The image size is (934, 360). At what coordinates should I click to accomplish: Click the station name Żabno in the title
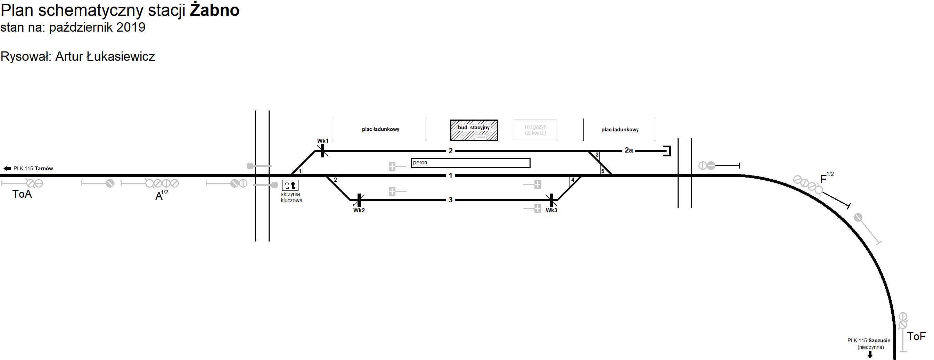coord(215,10)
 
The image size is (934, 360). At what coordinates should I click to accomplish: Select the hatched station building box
coord(474,130)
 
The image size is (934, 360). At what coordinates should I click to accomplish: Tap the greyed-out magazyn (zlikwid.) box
coord(535,130)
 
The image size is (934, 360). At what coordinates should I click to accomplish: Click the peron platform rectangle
coord(470,163)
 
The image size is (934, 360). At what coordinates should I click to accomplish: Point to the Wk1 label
coord(322,141)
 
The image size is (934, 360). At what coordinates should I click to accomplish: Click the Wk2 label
coord(359,210)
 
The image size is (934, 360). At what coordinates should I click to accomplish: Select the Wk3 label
coord(551,210)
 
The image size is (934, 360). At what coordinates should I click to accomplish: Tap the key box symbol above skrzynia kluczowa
coord(290,186)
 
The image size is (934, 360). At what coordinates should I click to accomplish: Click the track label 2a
coord(628,150)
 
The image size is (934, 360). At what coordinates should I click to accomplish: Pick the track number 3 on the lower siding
coord(450,200)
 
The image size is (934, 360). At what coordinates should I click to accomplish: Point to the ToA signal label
coord(22,194)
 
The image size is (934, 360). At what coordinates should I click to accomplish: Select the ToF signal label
coord(916,336)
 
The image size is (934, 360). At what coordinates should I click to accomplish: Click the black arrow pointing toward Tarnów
coord(7,169)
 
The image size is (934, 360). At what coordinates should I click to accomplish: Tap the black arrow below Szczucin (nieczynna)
coord(870,354)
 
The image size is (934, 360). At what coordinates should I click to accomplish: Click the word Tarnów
coord(44,169)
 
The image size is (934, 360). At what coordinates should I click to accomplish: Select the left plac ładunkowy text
coord(380,129)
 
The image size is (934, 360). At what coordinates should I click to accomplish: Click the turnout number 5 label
coord(603,171)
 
